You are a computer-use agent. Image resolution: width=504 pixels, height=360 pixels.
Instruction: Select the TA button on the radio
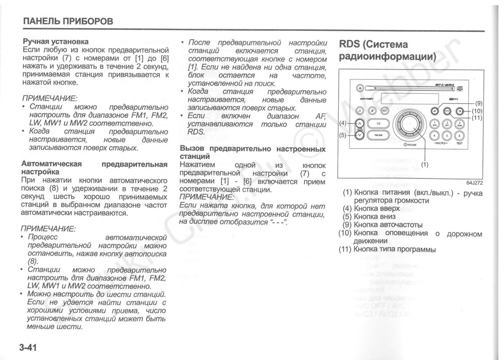pyautogui.click(x=459, y=111)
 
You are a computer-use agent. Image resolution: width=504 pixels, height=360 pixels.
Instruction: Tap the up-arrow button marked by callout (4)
pyautogui.click(x=359, y=124)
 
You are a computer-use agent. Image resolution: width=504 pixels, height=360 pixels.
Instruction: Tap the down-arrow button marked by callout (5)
pyautogui.click(x=359, y=135)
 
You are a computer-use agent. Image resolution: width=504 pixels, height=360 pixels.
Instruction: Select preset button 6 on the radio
pyautogui.click(x=459, y=135)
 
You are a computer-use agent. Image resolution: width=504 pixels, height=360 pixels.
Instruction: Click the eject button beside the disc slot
pyautogui.click(x=360, y=88)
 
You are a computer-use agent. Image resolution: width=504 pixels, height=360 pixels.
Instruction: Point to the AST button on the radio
pyautogui.click(x=385, y=111)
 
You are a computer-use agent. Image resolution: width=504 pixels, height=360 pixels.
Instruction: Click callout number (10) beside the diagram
pyautogui.click(x=477, y=111)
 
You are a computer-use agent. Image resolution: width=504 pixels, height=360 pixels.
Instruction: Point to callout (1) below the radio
pyautogui.click(x=424, y=164)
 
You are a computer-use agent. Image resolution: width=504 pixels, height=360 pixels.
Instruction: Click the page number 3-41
pyautogui.click(x=28, y=348)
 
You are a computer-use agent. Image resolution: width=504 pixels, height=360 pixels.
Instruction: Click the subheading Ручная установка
pyautogui.click(x=55, y=41)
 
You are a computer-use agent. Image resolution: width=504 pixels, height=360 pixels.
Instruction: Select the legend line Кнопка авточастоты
pyautogui.click(x=383, y=225)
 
